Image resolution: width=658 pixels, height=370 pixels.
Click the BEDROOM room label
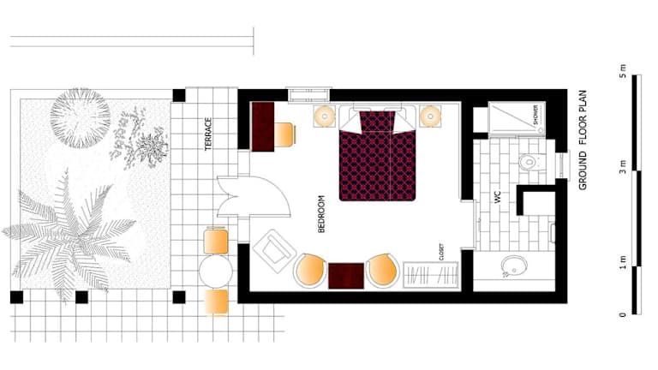click(321, 214)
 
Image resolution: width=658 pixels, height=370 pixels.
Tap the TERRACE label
click(208, 134)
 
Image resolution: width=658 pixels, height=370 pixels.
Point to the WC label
click(498, 197)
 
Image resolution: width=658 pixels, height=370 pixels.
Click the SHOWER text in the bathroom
click(535, 115)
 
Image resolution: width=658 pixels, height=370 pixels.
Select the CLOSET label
click(441, 252)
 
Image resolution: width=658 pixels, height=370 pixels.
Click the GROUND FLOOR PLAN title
click(583, 140)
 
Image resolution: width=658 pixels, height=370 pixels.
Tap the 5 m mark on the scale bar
click(623, 71)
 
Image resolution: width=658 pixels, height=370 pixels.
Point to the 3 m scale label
click(623, 166)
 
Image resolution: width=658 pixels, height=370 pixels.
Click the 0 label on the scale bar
click(623, 314)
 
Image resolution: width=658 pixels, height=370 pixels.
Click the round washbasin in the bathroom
click(514, 266)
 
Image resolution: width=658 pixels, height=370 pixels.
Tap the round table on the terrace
click(216, 272)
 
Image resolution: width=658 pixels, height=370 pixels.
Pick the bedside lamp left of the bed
click(325, 116)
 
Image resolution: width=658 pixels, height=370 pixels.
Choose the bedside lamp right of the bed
click(430, 116)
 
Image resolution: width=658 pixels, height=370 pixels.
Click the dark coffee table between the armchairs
click(346, 276)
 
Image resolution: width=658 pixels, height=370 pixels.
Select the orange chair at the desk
click(284, 134)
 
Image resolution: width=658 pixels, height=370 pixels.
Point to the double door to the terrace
click(253, 196)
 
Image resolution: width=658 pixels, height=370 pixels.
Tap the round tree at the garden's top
click(81, 118)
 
